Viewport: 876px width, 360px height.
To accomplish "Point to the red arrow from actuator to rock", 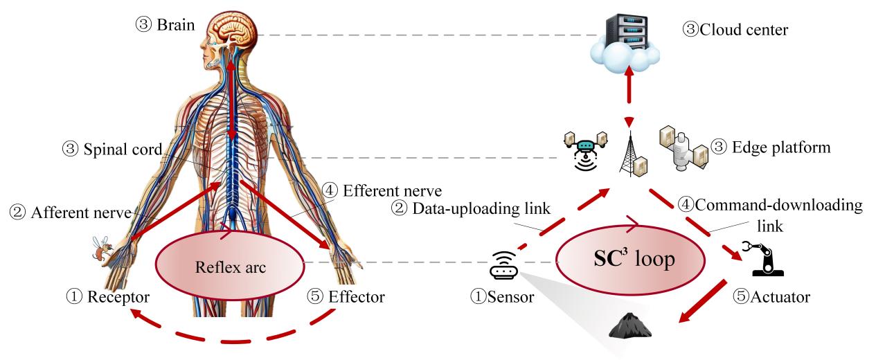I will point(702,300).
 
